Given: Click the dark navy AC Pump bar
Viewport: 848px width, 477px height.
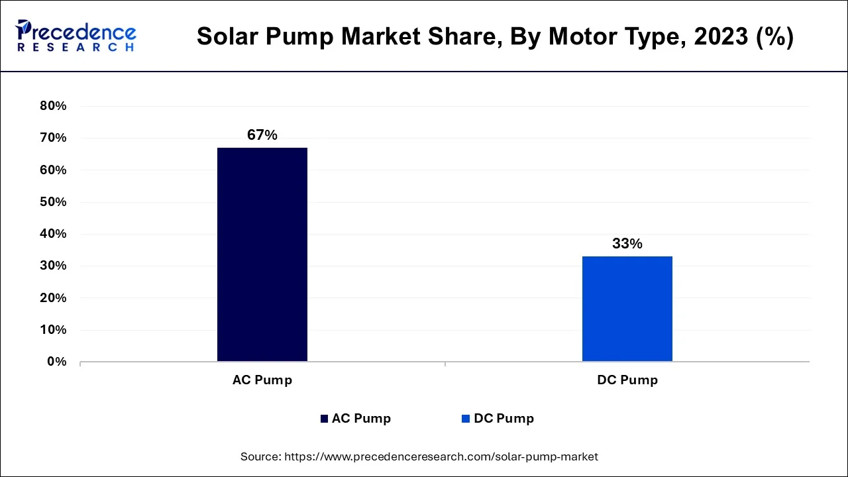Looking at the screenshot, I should tap(262, 254).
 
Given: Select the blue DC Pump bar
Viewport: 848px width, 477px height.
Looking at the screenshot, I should tap(627, 309).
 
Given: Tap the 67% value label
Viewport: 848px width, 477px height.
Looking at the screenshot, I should tap(262, 135).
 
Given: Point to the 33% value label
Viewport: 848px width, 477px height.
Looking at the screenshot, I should tap(627, 244).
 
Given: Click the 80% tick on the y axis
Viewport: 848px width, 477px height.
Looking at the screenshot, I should tap(53, 106).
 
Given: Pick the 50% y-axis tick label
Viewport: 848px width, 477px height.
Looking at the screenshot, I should tap(53, 202).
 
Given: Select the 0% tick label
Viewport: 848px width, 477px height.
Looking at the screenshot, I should tap(56, 362).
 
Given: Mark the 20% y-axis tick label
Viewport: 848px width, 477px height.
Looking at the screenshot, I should tap(53, 298).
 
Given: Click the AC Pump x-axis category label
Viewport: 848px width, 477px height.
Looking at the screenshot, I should tap(262, 380).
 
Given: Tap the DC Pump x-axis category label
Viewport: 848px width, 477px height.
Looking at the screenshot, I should tap(627, 380).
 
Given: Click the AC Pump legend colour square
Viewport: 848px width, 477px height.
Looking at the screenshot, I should tap(324, 419).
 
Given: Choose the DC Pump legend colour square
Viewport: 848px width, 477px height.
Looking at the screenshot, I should tap(466, 419).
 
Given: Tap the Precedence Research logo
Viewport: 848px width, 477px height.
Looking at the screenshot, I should tap(76, 36).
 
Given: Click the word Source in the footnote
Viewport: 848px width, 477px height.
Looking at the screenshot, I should tap(260, 456).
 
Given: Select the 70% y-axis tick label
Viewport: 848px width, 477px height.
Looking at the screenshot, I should tap(53, 138).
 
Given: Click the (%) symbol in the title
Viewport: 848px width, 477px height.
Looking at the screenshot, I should tap(775, 37).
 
